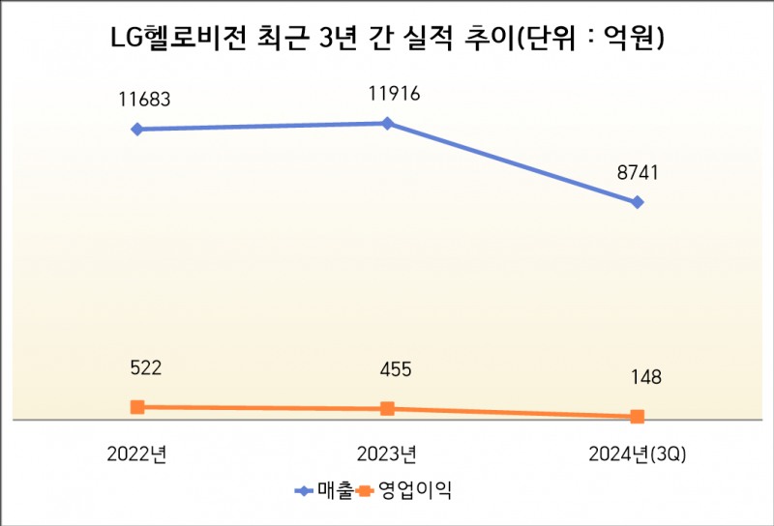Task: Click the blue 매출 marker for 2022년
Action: tap(137, 129)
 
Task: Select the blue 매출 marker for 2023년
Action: tap(387, 123)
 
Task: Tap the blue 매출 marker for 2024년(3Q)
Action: tap(637, 202)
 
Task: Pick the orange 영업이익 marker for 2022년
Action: tap(137, 407)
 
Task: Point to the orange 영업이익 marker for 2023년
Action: tap(387, 409)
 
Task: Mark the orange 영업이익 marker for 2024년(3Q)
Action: tap(637, 417)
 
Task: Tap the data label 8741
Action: tap(638, 173)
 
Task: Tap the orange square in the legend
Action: tap(365, 490)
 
